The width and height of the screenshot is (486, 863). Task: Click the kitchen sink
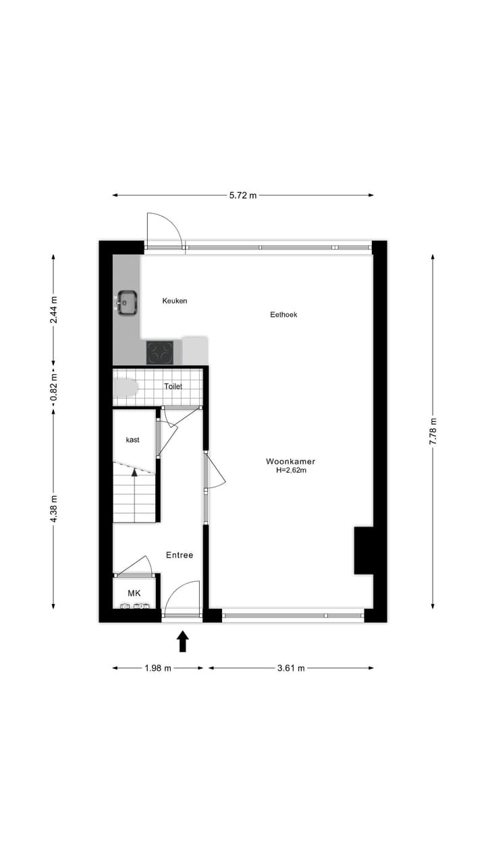coord(127,303)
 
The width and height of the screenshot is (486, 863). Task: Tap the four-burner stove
coord(160,353)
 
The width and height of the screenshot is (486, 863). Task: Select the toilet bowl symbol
coord(126,388)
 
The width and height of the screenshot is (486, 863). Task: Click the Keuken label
coord(175,301)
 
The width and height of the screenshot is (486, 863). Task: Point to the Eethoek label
coord(283,314)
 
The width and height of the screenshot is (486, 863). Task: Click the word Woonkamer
coord(290,461)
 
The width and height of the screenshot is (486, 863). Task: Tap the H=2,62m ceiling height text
coord(290,471)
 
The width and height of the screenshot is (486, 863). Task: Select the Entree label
coord(180,555)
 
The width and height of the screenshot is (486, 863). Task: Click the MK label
coord(134,593)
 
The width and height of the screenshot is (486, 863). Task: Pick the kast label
coord(132,440)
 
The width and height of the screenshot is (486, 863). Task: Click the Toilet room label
coord(173,386)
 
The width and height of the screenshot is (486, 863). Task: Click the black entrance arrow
coord(182,641)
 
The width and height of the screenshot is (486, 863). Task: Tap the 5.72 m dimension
coord(243,196)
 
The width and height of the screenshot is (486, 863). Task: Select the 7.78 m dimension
coord(433,431)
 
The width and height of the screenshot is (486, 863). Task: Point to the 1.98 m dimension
coord(158,668)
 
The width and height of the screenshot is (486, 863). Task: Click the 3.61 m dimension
coord(291,668)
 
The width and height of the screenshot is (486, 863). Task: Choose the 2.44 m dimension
coord(54,311)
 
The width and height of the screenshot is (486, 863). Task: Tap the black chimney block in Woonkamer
coord(364,550)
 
